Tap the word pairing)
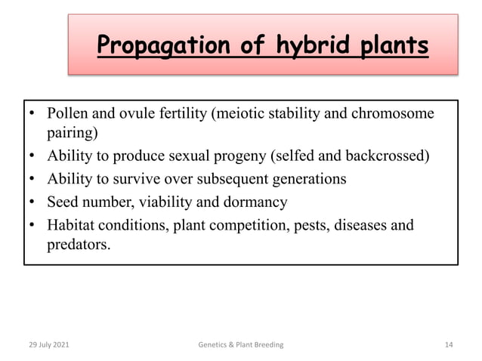(x=72, y=134)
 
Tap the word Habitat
(x=73, y=225)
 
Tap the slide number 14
(x=448, y=344)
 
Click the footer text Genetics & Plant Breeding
(x=240, y=344)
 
